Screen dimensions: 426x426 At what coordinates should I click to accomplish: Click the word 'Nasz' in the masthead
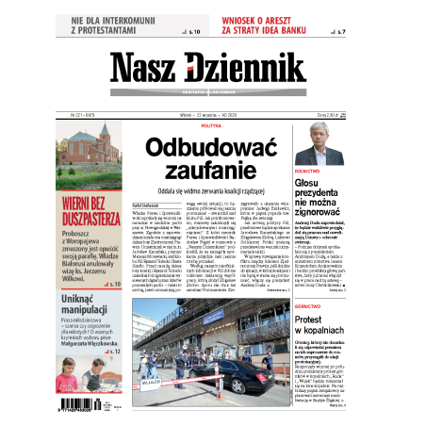click(148, 69)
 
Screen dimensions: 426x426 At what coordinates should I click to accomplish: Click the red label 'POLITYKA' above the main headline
click(210, 126)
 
